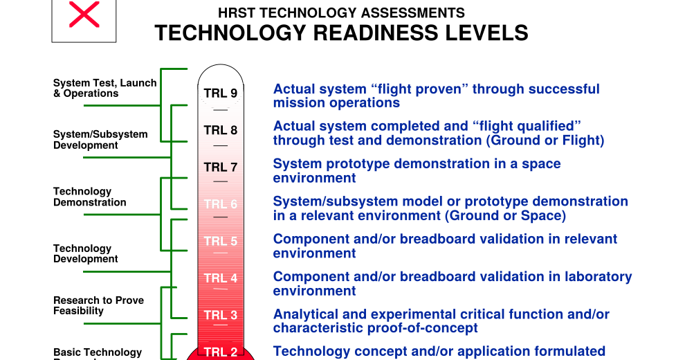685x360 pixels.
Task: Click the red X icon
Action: point(84,15)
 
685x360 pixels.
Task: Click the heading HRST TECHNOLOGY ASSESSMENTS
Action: point(341,13)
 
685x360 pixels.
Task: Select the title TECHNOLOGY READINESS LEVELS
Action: point(341,33)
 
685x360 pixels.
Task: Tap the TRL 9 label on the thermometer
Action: point(220,93)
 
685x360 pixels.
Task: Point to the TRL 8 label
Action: point(220,130)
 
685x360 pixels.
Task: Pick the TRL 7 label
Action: point(220,167)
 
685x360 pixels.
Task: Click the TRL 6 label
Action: point(220,204)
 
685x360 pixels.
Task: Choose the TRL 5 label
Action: point(220,241)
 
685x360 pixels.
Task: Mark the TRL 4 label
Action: point(220,278)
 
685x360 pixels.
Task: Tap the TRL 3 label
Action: point(220,315)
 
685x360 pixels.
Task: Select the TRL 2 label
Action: point(220,352)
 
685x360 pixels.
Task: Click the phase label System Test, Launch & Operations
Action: point(104,88)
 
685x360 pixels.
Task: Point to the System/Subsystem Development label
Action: point(100,140)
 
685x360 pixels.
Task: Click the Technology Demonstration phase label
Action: point(90,197)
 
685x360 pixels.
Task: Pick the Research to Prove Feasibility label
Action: point(98,305)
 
